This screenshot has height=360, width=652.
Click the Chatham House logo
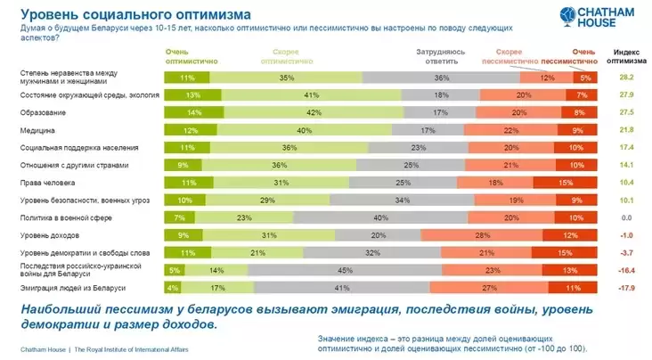point(596,17)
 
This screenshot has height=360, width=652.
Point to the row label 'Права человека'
point(45,183)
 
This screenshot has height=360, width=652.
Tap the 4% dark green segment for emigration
point(170,287)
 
